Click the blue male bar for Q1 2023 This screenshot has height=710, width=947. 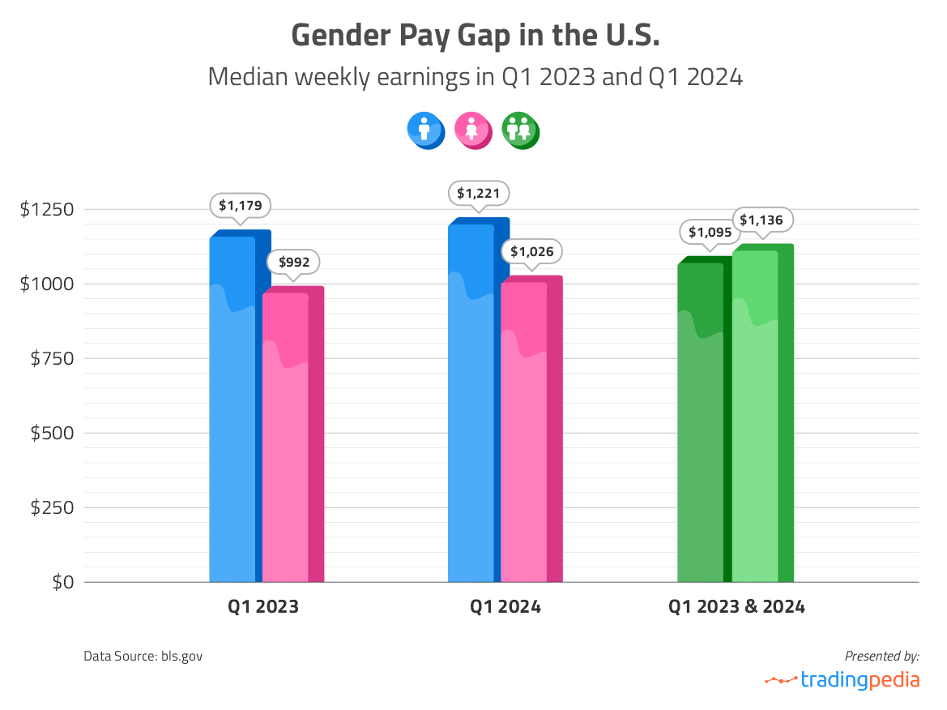point(235,405)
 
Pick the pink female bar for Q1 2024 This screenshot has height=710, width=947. point(527,430)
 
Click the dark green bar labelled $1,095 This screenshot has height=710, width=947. point(702,421)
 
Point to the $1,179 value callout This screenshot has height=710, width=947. point(241,206)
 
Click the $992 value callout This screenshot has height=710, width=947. point(293,262)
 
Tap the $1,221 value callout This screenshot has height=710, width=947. point(479,194)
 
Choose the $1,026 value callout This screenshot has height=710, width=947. point(532,251)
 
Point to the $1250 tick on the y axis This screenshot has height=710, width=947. point(47,210)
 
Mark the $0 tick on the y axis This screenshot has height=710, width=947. point(62,582)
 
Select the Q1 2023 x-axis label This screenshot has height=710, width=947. point(264,606)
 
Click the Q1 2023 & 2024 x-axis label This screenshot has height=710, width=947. point(736,606)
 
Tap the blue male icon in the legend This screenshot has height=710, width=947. point(425,130)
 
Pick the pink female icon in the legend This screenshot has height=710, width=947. point(473,130)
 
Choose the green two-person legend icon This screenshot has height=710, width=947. point(520,130)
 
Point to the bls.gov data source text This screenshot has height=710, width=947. point(143,655)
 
